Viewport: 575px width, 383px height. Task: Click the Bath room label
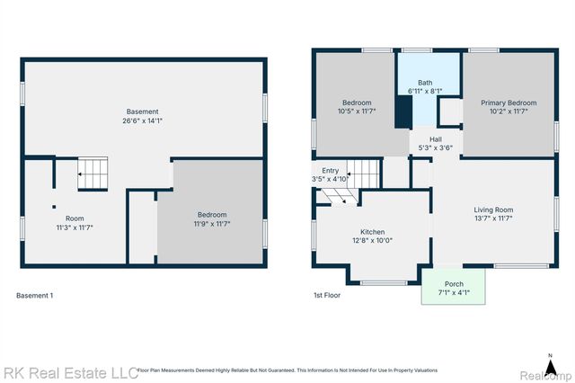[424, 83]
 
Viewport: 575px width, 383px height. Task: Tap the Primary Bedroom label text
[509, 102]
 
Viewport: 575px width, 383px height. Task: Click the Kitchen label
[372, 230]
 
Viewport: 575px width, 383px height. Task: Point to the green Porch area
[455, 287]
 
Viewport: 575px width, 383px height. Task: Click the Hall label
[435, 139]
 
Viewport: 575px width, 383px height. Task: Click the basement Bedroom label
[212, 214]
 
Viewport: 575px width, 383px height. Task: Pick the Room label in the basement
[74, 218]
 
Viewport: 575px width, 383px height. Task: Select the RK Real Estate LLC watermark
[70, 371]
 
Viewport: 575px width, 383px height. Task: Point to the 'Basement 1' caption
[35, 295]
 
